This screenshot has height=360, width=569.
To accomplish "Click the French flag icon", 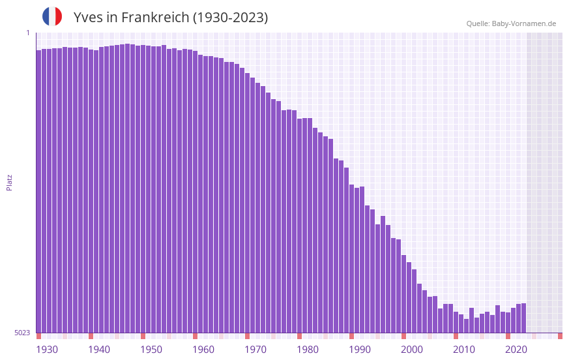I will coord(52,16).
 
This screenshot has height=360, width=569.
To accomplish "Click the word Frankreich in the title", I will coord(154,18).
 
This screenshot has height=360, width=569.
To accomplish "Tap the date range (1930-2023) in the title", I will coord(230,18).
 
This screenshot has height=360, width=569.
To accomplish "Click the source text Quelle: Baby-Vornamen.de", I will coord(511,23).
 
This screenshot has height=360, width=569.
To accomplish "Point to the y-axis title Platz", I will coord(9,182).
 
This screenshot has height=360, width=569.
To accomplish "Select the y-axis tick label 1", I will coord(27,33).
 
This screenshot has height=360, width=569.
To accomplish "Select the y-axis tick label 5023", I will coord(22,333).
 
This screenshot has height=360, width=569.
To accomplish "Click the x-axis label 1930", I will coord(47,350).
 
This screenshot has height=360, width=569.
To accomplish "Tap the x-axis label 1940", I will coord(99,350).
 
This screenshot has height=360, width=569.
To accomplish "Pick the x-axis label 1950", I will coord(151,350).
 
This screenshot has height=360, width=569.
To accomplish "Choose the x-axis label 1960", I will coord(203,350).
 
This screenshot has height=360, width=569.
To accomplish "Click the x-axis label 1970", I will coord(255,350).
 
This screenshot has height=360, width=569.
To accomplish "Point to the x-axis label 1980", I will coord(308,350).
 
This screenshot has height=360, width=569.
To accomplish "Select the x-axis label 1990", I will coord(360,350).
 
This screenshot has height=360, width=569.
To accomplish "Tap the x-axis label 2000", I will coord(412,350).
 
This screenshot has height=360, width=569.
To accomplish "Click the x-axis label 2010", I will coord(464,350).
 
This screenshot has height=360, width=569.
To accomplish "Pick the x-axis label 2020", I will coord(516,350).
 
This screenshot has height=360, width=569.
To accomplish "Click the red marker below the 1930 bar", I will coord(38,336).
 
